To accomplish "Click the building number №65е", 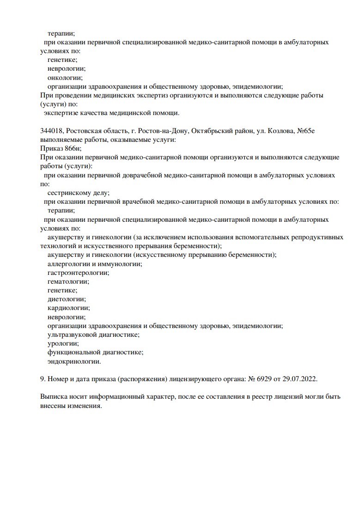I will [305, 131].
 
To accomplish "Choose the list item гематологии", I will [68, 281].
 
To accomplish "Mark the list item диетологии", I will [66, 299].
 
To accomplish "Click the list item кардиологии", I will [68, 308].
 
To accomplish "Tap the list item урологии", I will [62, 343].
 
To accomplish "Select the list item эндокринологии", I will [73, 361].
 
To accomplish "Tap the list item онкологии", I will [65, 77].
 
